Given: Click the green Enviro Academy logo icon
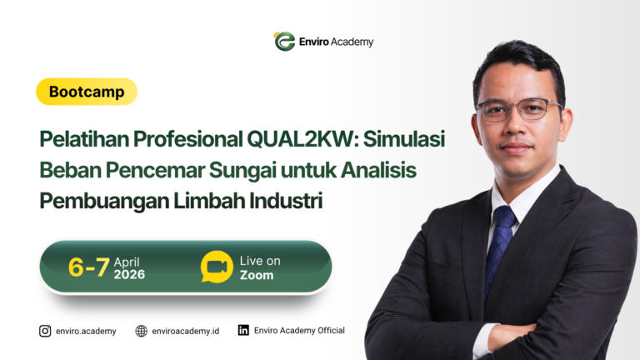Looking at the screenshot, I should pos(284,42).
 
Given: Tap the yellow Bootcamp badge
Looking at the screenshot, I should pos(87,92).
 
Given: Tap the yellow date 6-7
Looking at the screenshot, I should pos(88,267).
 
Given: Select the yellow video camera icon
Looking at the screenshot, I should pos(217,267).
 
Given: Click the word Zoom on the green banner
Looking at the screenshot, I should pos(257,275).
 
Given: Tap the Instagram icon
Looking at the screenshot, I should pos(45,331).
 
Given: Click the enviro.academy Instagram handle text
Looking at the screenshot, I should pos(86,331).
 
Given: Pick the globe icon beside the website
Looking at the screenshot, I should pos(141,331).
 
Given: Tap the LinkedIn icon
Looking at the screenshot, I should pos(243,330).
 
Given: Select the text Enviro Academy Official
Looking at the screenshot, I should pos(299,331).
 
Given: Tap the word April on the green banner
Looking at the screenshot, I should pos(127,261).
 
